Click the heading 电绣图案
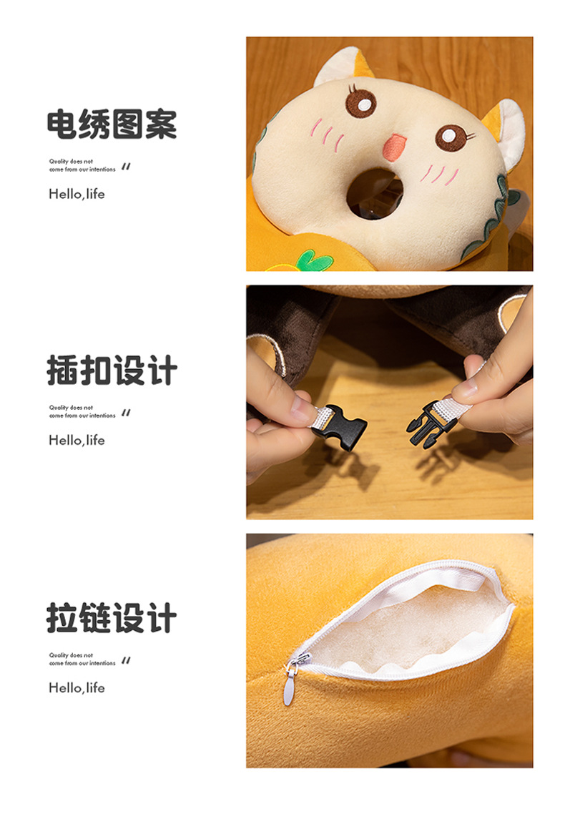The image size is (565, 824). pyautogui.click(x=112, y=124)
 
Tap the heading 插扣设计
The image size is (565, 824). pyautogui.click(x=112, y=370)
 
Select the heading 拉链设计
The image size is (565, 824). pyautogui.click(x=112, y=617)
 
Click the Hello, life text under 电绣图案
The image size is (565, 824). pyautogui.click(x=77, y=194)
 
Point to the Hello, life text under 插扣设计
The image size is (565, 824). pyautogui.click(x=77, y=440)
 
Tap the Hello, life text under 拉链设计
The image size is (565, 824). pyautogui.click(x=77, y=687)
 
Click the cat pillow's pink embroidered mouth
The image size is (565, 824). pyautogui.click(x=393, y=147)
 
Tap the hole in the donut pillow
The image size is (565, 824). pyautogui.click(x=375, y=193)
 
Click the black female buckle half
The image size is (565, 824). pyautogui.click(x=338, y=426)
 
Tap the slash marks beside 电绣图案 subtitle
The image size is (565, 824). pyautogui.click(x=126, y=167)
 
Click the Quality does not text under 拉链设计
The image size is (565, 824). pyautogui.click(x=71, y=655)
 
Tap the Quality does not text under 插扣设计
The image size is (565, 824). pyautogui.click(x=71, y=407)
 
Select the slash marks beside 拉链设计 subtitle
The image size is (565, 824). pyautogui.click(x=126, y=660)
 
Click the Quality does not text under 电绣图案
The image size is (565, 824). pyautogui.click(x=71, y=162)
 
